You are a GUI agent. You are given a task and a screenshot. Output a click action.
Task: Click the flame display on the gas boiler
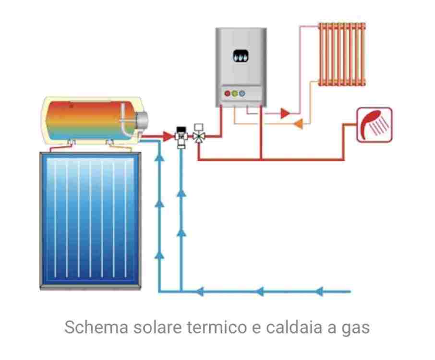pos(239,57)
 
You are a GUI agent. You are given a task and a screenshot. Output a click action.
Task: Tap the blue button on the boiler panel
pos(242,93)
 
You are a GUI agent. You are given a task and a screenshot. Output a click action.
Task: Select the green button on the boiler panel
pos(235,93)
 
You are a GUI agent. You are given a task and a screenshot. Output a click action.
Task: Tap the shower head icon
pos(374,125)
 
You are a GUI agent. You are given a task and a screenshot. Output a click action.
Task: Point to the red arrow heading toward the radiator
pos(285,114)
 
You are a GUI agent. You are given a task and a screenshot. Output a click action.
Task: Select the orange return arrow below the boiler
pos(298,124)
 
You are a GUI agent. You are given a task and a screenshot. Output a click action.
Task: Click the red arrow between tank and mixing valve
pos(168,137)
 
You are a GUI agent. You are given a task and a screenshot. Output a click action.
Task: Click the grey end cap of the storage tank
pos(143,119)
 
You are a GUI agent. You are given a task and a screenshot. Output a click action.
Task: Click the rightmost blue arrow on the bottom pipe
pos(322,291)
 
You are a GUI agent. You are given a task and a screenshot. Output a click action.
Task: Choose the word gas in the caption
pos(356,329)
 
